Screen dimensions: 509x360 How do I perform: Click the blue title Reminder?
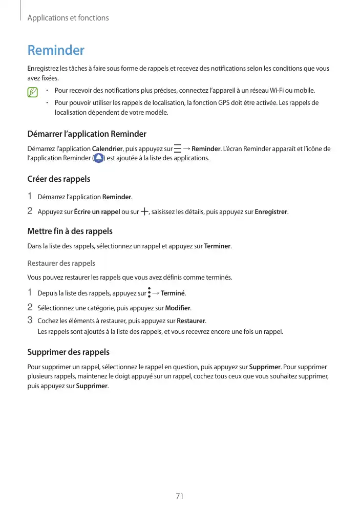pos(55,51)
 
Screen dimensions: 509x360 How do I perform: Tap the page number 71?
pos(180,496)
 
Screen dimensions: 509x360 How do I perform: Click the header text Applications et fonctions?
pos(68,18)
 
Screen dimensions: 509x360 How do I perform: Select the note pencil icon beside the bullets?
pos(33,93)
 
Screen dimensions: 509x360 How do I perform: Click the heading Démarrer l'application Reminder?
pos(87,134)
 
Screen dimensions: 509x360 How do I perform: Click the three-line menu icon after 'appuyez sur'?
pos(177,149)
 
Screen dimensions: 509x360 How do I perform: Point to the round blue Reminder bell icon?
pos(99,158)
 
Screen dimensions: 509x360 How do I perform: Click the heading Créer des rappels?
pos(58,179)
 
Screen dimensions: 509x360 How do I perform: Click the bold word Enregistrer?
pos(271,212)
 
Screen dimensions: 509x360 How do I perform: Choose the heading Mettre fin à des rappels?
pos(70,231)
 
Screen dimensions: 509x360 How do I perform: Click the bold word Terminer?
pos(217,246)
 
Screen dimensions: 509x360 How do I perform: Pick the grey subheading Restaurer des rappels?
pos(61,263)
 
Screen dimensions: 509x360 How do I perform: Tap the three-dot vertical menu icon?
pos(149,293)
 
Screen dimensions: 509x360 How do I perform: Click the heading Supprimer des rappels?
pos(68,352)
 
